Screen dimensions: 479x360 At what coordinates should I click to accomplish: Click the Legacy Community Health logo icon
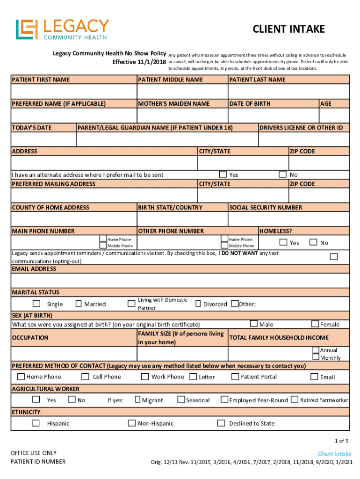[x=27, y=29]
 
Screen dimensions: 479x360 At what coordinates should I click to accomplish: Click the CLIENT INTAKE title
[x=288, y=29]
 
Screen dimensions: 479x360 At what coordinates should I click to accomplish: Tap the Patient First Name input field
[x=74, y=91]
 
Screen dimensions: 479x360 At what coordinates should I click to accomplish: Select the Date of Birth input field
[x=273, y=115]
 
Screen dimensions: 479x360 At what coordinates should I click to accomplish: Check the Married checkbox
[x=79, y=304]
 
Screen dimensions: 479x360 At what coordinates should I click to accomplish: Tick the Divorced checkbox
[x=198, y=304]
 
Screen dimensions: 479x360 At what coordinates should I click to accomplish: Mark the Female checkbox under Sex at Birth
[x=315, y=324]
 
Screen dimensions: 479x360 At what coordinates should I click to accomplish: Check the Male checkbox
[x=253, y=324]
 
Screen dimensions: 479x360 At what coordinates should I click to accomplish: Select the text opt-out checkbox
[x=334, y=256]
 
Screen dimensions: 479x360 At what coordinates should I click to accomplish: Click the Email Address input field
[x=180, y=280]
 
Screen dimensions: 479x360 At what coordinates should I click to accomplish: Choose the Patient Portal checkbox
[x=235, y=377]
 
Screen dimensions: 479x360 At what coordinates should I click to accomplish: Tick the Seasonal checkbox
[x=180, y=399]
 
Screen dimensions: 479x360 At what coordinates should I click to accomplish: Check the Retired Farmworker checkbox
[x=294, y=399]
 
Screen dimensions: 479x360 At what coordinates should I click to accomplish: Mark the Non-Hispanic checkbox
[x=132, y=423]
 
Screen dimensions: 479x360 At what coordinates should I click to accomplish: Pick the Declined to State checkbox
[x=221, y=423]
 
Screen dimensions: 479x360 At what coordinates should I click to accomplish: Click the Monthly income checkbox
[x=316, y=358]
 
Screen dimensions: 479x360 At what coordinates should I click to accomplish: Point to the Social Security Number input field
[x=288, y=219]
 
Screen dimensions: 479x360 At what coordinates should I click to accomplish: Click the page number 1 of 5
[x=341, y=441]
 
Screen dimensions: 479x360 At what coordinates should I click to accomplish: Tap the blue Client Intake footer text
[x=334, y=454]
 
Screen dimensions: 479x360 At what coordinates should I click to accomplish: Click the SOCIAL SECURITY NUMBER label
[x=266, y=207]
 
